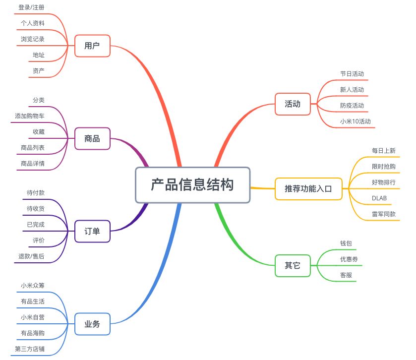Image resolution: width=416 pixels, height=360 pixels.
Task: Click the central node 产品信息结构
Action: pyautogui.click(x=192, y=185)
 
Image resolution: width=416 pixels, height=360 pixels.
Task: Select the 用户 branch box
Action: pyautogui.click(x=92, y=46)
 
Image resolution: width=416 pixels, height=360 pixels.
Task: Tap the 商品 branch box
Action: pyautogui.click(x=92, y=138)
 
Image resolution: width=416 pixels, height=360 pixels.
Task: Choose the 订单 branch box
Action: pyautogui.click(x=92, y=232)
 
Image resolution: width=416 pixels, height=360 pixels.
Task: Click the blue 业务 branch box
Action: pyautogui.click(x=92, y=324)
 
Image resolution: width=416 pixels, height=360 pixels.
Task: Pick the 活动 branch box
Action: pyautogui.click(x=293, y=104)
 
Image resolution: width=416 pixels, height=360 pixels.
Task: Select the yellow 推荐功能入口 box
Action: pyautogui.click(x=308, y=188)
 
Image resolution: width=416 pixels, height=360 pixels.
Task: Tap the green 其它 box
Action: pyautogui.click(x=293, y=266)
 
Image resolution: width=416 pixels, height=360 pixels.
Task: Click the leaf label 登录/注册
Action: pyautogui.click(x=31, y=7)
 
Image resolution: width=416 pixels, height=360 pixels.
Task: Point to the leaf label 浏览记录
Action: pyautogui.click(x=33, y=39)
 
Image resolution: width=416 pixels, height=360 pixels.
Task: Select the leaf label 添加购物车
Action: pyautogui.click(x=30, y=116)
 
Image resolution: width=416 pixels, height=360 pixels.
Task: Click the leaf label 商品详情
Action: pyautogui.click(x=33, y=164)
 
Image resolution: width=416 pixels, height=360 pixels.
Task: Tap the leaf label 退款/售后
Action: pyautogui.click(x=31, y=256)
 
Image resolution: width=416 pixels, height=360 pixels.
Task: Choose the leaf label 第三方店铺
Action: pyautogui.click(x=30, y=349)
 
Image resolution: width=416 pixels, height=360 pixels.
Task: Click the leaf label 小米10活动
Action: pyautogui.click(x=356, y=121)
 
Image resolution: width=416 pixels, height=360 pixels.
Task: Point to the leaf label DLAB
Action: pyautogui.click(x=379, y=198)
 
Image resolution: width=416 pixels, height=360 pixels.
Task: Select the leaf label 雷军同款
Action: pyautogui.click(x=384, y=214)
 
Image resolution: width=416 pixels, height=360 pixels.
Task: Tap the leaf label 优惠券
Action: pyautogui.click(x=349, y=259)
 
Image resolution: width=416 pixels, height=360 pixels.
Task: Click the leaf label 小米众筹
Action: pyautogui.click(x=33, y=286)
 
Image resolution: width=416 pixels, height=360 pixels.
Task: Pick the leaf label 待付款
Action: pyautogui.click(x=36, y=193)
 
